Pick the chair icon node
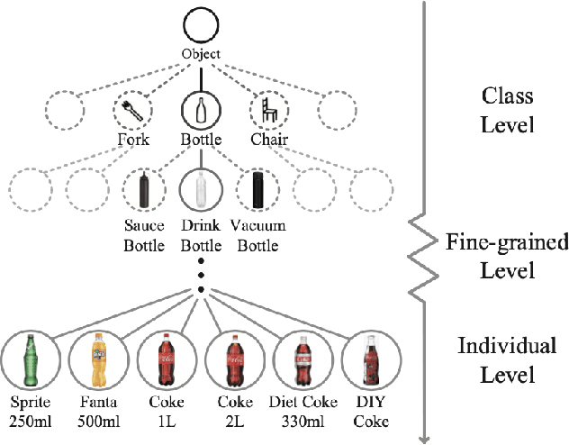click(x=267, y=112)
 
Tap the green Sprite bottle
click(x=30, y=357)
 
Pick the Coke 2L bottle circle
click(x=233, y=357)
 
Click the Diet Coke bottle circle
click(x=302, y=357)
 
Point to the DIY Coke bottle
click(x=369, y=357)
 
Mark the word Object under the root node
click(x=201, y=54)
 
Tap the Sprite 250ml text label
click(x=30, y=411)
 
